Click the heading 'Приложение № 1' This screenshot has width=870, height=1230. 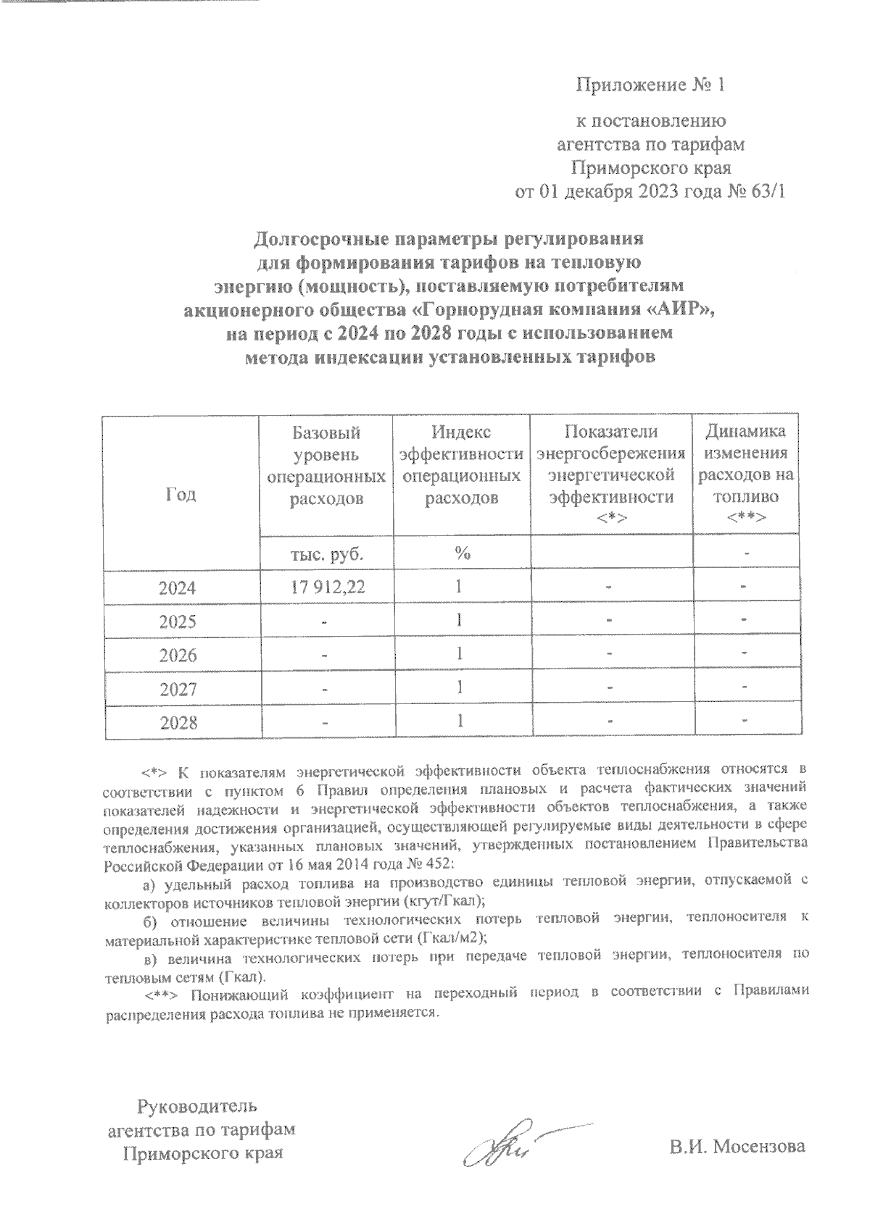(x=650, y=86)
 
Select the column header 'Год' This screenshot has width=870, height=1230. (x=181, y=494)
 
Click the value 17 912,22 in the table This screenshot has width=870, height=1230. (x=326, y=587)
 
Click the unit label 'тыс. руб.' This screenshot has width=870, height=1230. (x=326, y=554)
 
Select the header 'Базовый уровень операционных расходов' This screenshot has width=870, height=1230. (x=326, y=465)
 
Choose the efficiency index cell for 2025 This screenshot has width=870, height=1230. (x=460, y=621)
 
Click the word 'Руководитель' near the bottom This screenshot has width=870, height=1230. (x=196, y=1106)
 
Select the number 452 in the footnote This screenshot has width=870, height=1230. (x=435, y=863)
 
